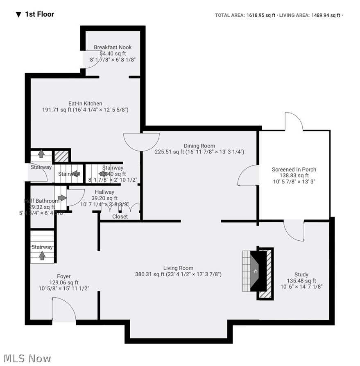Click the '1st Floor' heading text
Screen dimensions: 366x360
tap(39, 14)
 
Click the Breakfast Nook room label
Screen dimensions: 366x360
tap(113, 47)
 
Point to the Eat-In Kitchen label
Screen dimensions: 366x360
tap(85, 104)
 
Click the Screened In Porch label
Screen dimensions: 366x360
tap(294, 169)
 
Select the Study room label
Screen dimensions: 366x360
tap(301, 275)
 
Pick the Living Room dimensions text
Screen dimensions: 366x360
tap(178, 274)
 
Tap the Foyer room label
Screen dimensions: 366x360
tap(63, 276)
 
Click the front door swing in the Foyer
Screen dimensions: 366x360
tap(64, 310)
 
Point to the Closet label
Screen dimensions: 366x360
tap(120, 217)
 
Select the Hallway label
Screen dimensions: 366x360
tap(104, 192)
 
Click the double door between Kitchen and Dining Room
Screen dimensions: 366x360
tap(141, 141)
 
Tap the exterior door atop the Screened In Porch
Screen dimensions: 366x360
tap(294, 122)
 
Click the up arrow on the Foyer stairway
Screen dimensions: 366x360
tap(42, 255)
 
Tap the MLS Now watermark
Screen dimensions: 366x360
tap(26, 359)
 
